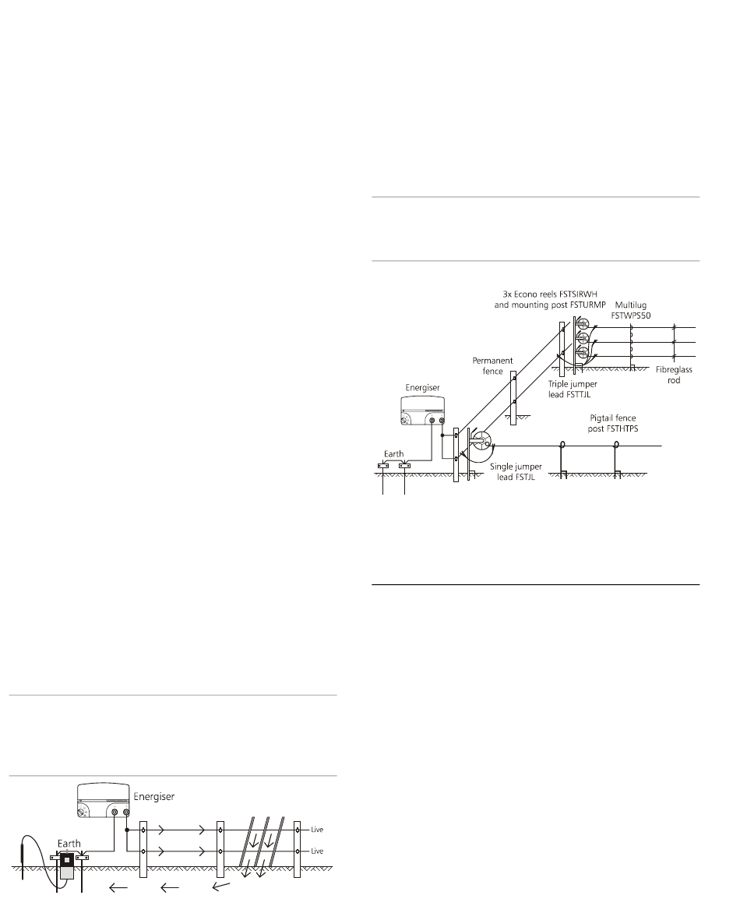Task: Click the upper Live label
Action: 317,830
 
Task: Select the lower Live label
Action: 317,851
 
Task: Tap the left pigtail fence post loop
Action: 562,446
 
